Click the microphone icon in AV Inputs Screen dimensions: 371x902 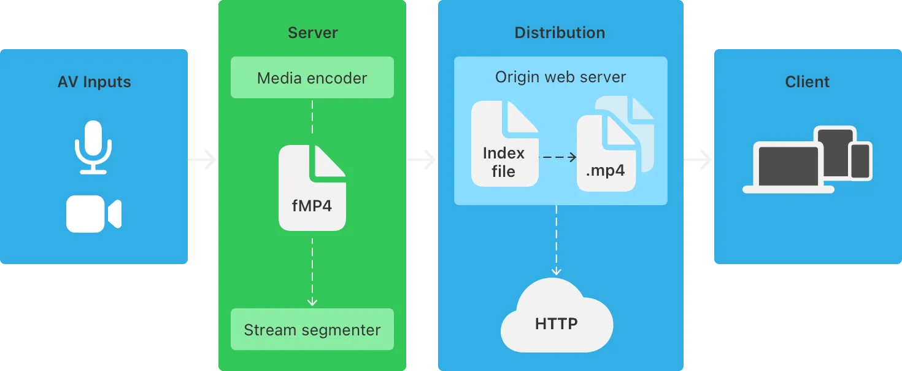click(93, 147)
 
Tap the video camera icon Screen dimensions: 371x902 click(93, 215)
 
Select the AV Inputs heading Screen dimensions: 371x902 click(94, 82)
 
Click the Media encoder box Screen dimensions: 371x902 click(312, 78)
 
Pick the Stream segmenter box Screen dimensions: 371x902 click(312, 330)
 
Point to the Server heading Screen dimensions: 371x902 click(312, 33)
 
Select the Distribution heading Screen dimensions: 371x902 click(560, 33)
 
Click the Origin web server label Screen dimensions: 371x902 click(560, 77)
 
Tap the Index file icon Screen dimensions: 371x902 click(504, 145)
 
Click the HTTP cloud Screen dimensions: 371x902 click(557, 317)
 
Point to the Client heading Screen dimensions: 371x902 click(807, 82)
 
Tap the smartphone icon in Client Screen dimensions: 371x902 click(860, 161)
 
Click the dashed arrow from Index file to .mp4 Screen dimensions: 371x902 click(558, 157)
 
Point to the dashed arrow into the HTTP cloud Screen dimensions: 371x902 click(557, 241)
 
